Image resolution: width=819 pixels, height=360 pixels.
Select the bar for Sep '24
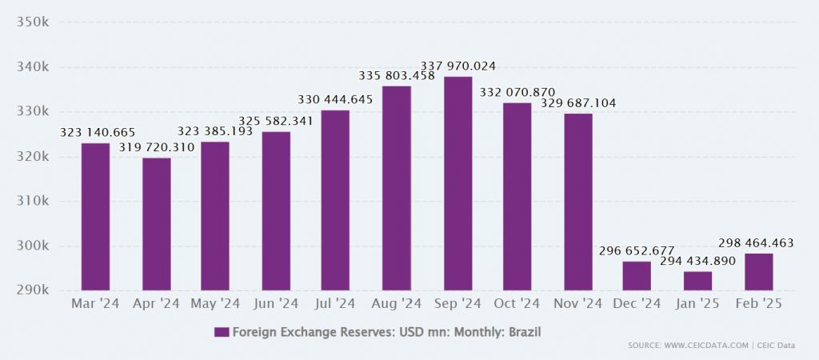457,183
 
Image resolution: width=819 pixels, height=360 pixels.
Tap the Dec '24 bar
637,276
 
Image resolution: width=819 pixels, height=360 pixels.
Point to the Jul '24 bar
335,200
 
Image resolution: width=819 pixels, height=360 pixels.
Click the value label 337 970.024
458,65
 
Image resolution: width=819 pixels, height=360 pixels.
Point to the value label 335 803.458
397,75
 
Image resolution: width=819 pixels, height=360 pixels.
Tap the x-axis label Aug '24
397,304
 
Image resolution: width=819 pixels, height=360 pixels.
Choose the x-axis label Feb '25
757,304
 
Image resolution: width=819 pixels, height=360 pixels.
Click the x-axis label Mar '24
96,304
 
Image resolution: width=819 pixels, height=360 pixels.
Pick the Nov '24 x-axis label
577,304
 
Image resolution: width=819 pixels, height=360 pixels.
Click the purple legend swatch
222,331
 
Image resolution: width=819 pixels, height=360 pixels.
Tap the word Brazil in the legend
529,331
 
